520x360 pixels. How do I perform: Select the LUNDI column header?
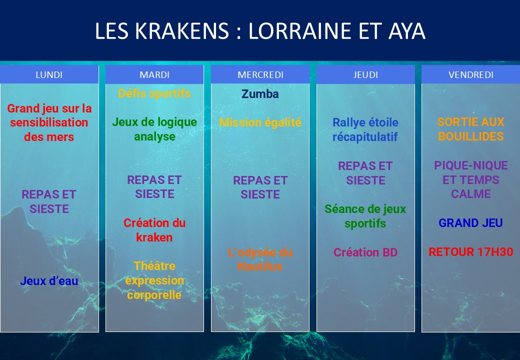pos(49,74)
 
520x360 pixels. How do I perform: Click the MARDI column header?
pos(154,74)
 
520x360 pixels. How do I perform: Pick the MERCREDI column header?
pos(260,74)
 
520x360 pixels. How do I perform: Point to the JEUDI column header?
pos(365,74)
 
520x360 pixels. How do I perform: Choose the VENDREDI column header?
pos(471,74)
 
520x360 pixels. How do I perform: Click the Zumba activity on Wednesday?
pos(260,94)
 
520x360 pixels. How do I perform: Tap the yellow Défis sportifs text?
pos(154,93)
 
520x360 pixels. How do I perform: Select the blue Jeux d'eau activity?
pos(49,281)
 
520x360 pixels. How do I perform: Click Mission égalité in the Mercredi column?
pos(260,122)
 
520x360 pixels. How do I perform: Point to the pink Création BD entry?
pos(365,252)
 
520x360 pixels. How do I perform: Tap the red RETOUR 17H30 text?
pos(471,252)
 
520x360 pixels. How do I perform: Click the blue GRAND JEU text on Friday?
pos(471,223)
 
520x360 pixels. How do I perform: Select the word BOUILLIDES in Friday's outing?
pos(471,136)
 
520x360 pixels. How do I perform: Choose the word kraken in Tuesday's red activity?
pos(154,237)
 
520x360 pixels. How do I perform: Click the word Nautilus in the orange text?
pos(260,266)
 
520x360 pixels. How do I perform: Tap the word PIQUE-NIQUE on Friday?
pos(471,165)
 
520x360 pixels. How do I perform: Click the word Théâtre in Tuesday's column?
pos(154,266)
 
